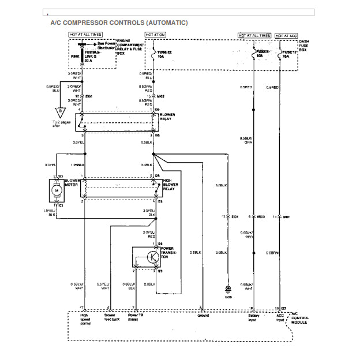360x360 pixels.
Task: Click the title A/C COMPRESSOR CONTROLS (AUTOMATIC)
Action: pos(119,22)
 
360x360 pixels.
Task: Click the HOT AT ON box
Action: pos(155,35)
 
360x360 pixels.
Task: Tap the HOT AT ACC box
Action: pos(287,35)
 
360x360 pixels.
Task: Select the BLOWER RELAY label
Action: pos(168,117)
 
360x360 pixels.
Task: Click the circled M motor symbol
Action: pos(56,190)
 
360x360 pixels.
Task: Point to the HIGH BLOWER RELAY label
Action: pos(170,185)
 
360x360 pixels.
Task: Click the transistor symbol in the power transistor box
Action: pos(153,257)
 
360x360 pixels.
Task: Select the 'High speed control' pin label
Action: pos(85,318)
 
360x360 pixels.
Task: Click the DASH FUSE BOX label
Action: pos(306,46)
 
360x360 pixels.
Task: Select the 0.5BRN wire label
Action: pos(273,252)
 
